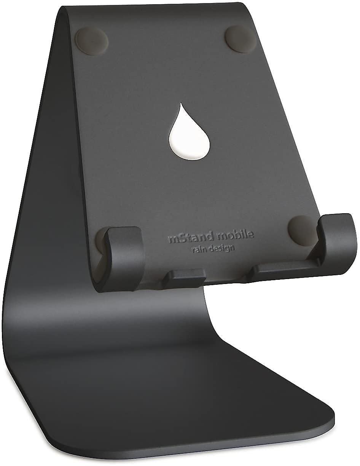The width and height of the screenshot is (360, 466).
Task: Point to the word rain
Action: [199, 250]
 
